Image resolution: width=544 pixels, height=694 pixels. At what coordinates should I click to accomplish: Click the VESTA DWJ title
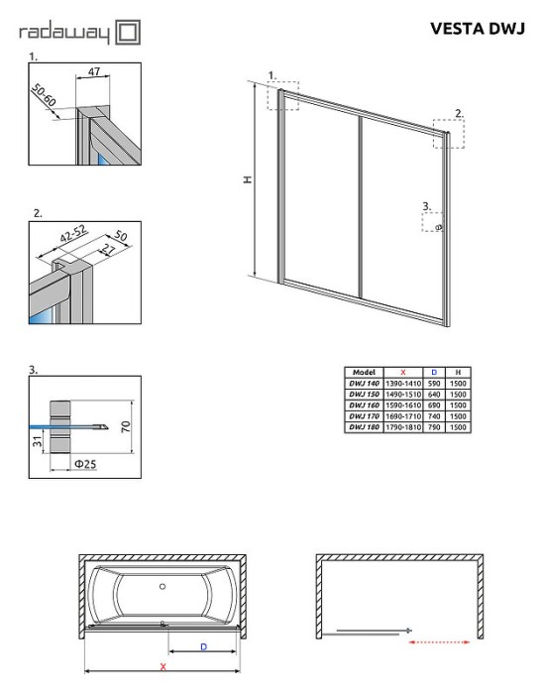tap(478, 29)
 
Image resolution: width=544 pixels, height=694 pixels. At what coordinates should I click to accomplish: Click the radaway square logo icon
tap(128, 33)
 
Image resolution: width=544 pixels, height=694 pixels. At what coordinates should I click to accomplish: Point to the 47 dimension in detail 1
tap(94, 70)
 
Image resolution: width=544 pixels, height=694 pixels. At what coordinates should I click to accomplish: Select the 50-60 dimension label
tap(44, 95)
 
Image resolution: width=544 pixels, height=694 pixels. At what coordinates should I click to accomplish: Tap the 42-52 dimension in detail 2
tap(74, 234)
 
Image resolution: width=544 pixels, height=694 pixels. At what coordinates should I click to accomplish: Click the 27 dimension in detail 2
tap(107, 249)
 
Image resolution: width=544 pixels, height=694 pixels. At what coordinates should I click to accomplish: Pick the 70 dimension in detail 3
tap(126, 426)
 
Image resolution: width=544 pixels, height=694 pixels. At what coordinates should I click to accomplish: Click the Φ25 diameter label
tap(85, 464)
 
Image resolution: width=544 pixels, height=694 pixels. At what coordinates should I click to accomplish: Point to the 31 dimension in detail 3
tap(37, 441)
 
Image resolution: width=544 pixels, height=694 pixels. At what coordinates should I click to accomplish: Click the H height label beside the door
tap(249, 179)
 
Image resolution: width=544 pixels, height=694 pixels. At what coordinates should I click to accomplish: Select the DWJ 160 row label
tap(364, 405)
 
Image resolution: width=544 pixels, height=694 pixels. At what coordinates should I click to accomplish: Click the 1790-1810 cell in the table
tap(403, 427)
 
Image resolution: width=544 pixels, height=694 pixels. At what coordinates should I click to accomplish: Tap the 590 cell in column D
tap(434, 384)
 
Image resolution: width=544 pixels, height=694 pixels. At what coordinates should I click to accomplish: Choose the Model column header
tap(364, 372)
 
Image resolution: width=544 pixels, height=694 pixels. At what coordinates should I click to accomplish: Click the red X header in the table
tap(403, 373)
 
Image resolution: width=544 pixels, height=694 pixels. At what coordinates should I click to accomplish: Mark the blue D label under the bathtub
tap(203, 646)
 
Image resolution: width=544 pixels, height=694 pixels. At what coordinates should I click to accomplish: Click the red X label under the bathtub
tap(163, 666)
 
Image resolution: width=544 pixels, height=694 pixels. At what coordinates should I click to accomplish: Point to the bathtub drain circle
tap(163, 587)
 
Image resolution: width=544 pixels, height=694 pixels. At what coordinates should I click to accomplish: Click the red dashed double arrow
tap(439, 641)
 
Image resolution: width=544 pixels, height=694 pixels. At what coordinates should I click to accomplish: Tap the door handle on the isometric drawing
tap(439, 227)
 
